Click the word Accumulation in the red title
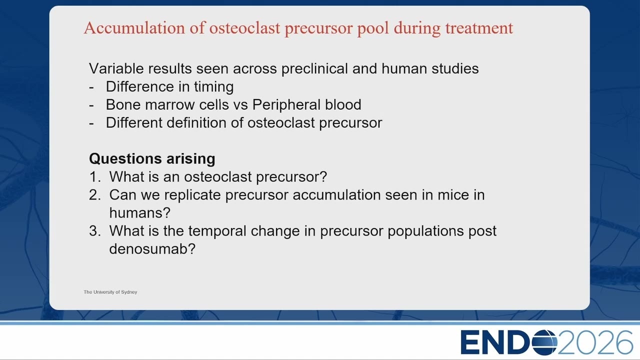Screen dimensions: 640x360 [x=134, y=28]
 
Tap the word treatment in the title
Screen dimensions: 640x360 [x=479, y=28]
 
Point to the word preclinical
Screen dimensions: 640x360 [x=314, y=69]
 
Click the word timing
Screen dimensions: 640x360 [x=213, y=87]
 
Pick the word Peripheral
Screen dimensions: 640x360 [x=286, y=105]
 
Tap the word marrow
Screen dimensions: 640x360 [x=169, y=105]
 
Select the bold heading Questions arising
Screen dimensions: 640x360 [x=152, y=159]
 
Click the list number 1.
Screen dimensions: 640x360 [x=94, y=177]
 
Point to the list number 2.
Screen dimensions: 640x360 [x=94, y=195]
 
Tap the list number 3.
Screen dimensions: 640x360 [x=94, y=231]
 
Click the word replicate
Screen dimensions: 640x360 [x=192, y=195]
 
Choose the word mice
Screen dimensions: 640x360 [x=453, y=195]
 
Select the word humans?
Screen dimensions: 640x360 [x=139, y=213]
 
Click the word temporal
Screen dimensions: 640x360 [x=217, y=231]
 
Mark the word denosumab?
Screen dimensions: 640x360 [x=152, y=249]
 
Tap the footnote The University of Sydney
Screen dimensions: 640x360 [x=110, y=292]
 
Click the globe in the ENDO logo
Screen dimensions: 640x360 [x=544, y=342]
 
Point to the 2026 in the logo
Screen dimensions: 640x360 [x=595, y=342]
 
